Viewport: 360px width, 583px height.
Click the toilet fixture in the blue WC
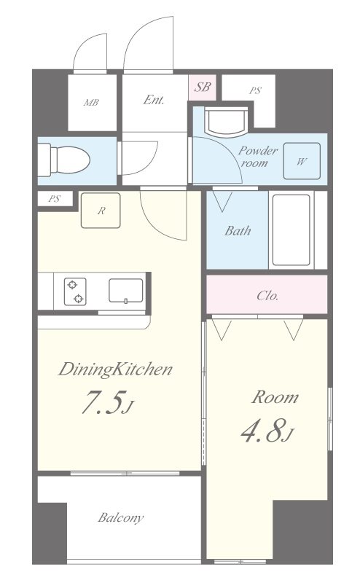pos(64,160)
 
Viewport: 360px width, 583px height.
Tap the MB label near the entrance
pos(91,102)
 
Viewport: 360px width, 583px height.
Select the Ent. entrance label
pos(154,100)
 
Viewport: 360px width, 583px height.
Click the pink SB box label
pos(203,87)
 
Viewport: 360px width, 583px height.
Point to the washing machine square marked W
pos(302,161)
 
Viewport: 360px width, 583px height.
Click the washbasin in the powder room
pos(227,122)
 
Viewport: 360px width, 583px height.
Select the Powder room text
pos(257,157)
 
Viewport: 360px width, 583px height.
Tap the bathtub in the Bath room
pos(291,230)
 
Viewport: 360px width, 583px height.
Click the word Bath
pos(238,230)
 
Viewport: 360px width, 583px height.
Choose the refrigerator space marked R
pos(101,211)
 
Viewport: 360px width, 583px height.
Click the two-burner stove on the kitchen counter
pos(75,291)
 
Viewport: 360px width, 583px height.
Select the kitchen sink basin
pos(125,290)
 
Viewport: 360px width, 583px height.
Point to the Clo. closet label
pos(267,296)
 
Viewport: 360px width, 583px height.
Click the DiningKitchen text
pos(115,369)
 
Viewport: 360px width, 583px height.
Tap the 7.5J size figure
pos(106,402)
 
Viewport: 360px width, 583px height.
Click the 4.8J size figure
pos(267,431)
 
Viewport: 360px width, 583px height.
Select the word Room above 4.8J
pos(275,397)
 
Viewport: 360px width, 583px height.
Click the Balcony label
pos(120,517)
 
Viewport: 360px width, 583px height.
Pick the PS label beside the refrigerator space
pos(55,199)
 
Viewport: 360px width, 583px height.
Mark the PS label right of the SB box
pos(256,90)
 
